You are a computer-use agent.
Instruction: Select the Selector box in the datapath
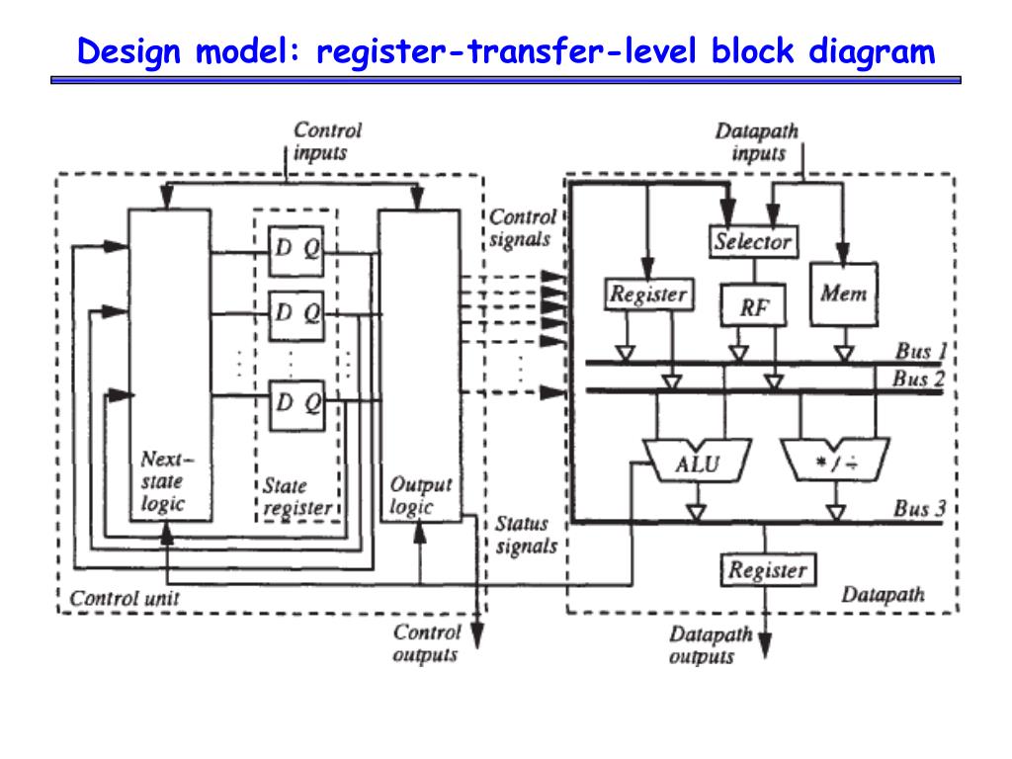pos(753,240)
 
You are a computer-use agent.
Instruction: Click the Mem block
pos(843,295)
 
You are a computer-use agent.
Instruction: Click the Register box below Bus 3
pos(767,570)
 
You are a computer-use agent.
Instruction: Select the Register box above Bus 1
pos(647,294)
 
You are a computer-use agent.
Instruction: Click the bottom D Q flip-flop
pos(297,403)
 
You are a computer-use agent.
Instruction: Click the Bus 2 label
pos(919,379)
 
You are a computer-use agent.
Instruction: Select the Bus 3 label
pos(919,509)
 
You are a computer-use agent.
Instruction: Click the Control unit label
pos(125,598)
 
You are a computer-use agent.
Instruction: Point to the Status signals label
pos(526,535)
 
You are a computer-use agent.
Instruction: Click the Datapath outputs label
pos(711,645)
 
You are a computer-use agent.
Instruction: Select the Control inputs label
pos(327,141)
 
